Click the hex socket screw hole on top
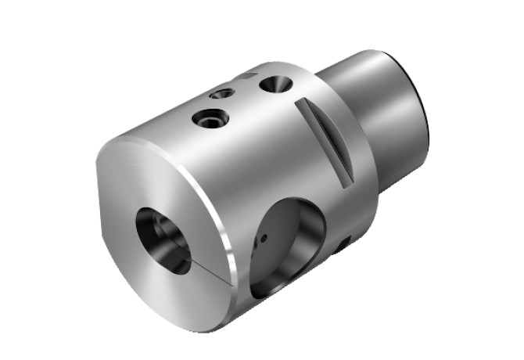coord(212,119)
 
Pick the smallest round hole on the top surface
coord(223,94)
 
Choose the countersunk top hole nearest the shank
coord(275,83)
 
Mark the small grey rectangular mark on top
coord(249,77)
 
